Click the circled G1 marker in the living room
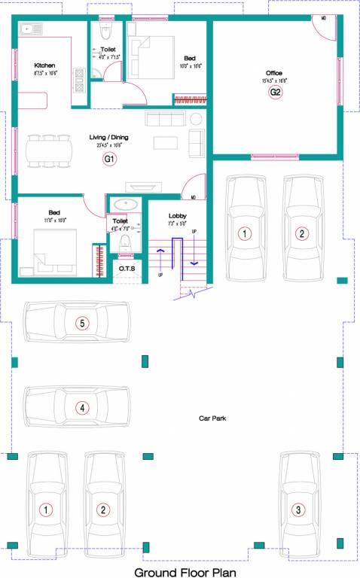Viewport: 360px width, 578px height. click(x=109, y=159)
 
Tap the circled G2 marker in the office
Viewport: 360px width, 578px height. click(x=276, y=92)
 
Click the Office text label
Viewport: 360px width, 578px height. click(x=274, y=73)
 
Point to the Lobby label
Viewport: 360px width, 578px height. click(x=178, y=215)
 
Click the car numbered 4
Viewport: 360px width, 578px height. click(x=78, y=408)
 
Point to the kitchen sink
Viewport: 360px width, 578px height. click(x=33, y=30)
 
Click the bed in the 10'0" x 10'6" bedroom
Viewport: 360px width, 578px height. click(x=155, y=53)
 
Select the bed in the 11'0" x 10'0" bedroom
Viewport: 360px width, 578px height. click(x=53, y=251)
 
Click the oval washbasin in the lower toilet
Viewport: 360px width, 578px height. click(x=121, y=205)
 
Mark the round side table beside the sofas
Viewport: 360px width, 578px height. click(x=196, y=119)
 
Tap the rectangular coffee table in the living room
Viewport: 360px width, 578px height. click(x=166, y=142)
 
